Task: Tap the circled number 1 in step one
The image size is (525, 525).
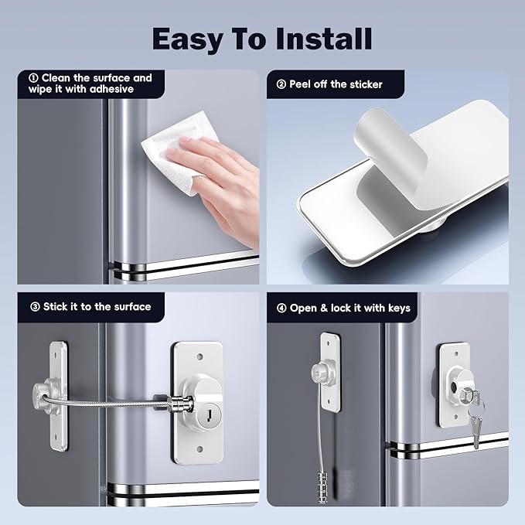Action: click(33, 78)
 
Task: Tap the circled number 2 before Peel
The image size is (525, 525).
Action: click(281, 84)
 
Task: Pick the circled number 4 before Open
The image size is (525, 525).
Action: click(281, 308)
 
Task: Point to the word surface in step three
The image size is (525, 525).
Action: click(129, 306)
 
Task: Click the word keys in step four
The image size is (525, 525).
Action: click(395, 308)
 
